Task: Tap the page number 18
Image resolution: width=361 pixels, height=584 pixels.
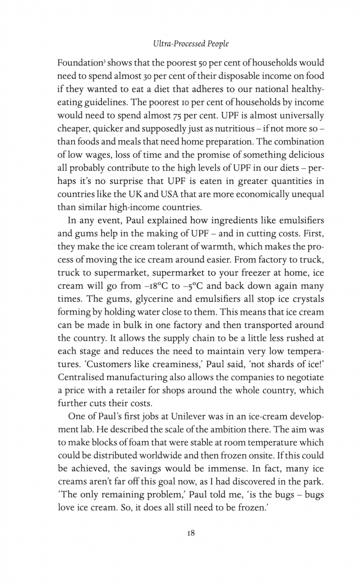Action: [x=180, y=532]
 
